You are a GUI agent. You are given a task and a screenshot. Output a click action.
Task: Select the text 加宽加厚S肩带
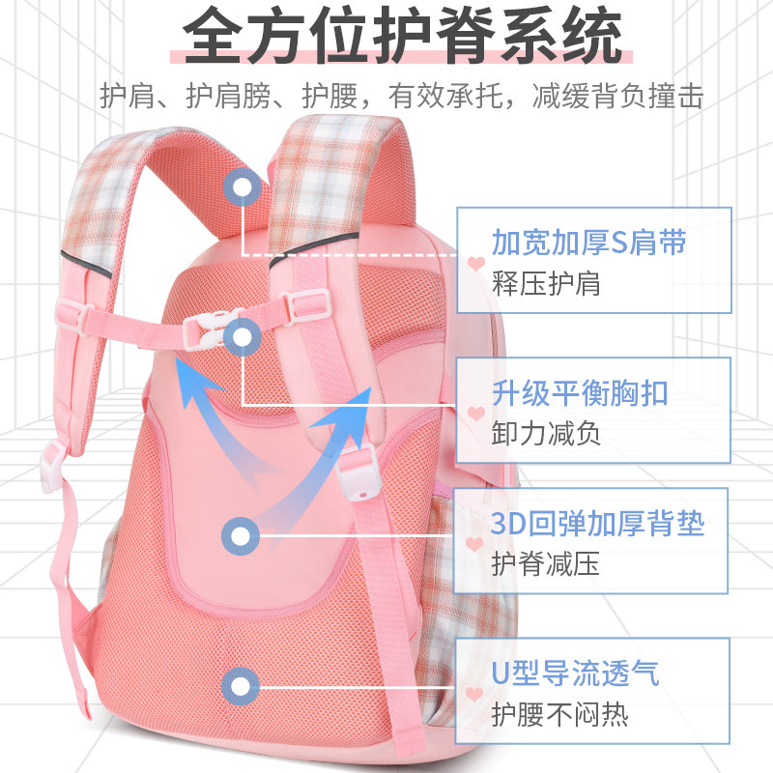click(x=589, y=242)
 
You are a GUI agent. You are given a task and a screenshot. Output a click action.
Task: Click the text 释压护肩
click(x=546, y=283)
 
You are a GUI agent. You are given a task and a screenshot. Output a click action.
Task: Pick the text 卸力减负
click(x=546, y=434)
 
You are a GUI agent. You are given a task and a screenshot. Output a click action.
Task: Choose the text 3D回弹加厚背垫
click(x=598, y=525)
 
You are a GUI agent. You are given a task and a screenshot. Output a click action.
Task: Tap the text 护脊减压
click(x=546, y=564)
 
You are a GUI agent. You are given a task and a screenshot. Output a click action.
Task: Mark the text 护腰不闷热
click(x=560, y=715)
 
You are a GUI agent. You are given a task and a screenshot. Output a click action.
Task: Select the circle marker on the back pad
click(x=241, y=533)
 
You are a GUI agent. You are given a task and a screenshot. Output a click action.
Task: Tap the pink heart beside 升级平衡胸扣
click(x=474, y=414)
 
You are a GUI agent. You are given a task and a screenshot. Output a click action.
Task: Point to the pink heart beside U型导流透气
click(x=474, y=693)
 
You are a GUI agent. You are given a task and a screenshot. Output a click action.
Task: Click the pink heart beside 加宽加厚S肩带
click(x=474, y=262)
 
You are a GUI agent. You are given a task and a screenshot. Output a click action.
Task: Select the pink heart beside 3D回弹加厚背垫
click(x=474, y=544)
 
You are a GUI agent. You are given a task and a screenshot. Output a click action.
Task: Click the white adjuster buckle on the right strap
click(x=358, y=473)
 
